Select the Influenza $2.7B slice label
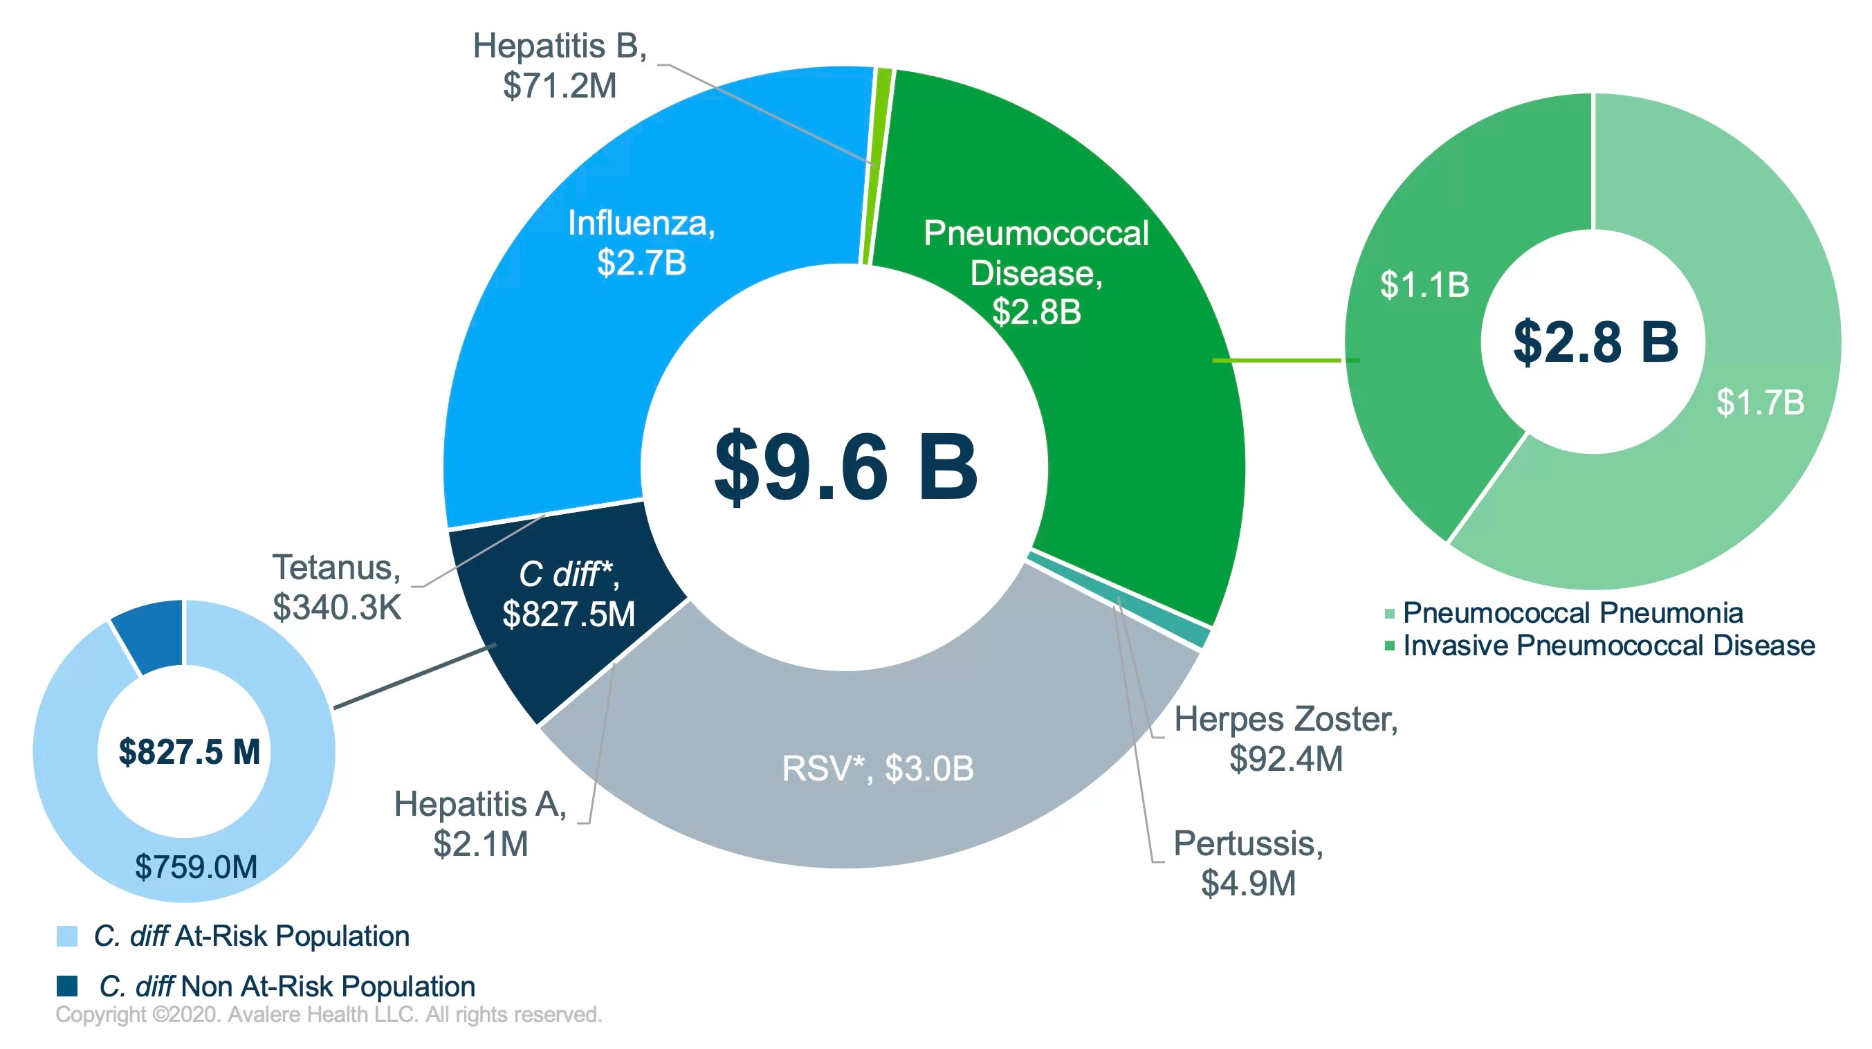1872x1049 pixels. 641,242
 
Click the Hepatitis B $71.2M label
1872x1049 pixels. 559,66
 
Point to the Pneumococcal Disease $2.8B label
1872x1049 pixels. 1036,273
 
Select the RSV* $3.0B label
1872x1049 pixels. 877,768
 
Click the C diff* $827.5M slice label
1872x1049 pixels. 568,594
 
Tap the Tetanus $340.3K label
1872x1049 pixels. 336,587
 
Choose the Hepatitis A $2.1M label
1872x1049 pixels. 480,823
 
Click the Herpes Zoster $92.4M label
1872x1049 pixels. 1285,738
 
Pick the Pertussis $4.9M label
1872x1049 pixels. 1248,864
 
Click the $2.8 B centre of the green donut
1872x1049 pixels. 1595,342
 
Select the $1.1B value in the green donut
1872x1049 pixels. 1424,284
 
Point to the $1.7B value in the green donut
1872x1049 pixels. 1759,402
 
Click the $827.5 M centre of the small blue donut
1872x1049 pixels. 189,751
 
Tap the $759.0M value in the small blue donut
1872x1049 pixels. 196,866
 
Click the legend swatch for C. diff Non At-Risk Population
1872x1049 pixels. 67,986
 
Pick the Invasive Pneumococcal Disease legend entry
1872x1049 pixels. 1608,646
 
